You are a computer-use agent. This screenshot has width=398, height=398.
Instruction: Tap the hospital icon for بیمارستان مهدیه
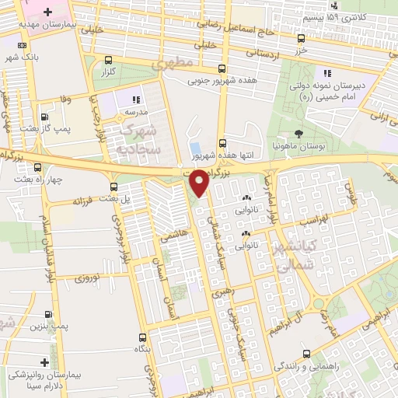click(49, 13)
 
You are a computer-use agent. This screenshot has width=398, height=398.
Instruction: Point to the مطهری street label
click(170, 66)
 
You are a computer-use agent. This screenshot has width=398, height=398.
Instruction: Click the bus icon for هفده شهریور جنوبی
click(223, 68)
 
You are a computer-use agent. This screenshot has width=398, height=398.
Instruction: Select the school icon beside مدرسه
click(135, 99)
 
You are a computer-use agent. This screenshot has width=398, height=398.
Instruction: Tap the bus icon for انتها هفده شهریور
click(223, 142)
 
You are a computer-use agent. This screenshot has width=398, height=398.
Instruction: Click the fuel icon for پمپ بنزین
click(51, 316)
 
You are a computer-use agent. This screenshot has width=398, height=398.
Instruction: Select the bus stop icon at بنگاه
click(142, 337)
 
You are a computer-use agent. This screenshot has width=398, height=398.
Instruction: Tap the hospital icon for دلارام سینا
click(44, 362)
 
